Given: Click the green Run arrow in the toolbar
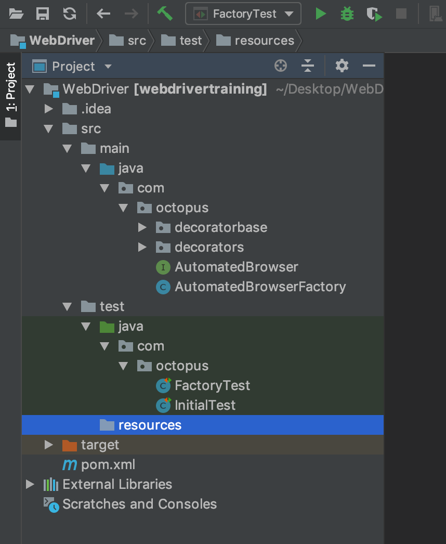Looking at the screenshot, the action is click(x=321, y=14).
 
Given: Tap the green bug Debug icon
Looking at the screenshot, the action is click(x=347, y=14).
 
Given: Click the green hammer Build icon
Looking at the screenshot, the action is click(x=165, y=14).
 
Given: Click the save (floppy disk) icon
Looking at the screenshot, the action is click(x=43, y=14).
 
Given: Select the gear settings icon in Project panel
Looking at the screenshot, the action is click(x=342, y=66).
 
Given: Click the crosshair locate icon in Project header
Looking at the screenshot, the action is click(x=281, y=66).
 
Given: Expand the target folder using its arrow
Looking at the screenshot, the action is click(x=49, y=445).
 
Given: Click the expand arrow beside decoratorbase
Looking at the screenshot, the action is click(x=142, y=228).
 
